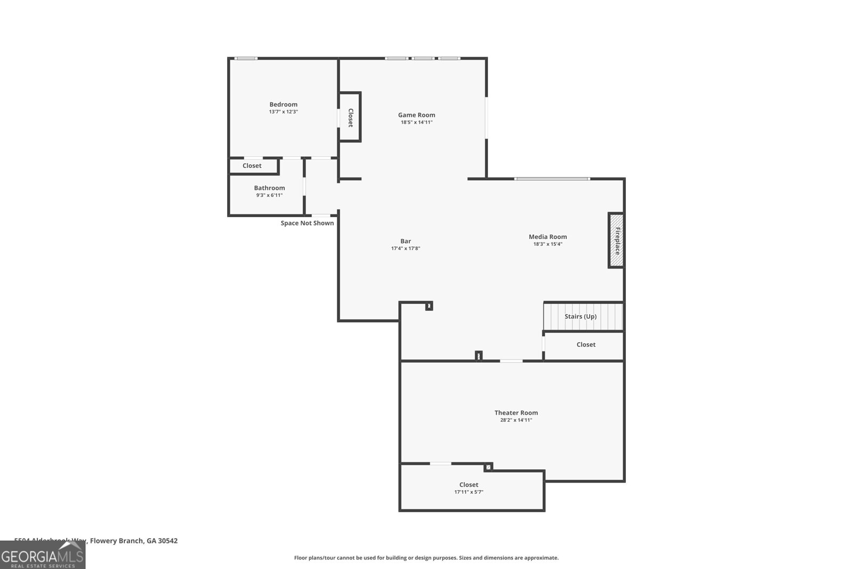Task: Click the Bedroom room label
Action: click(283, 105)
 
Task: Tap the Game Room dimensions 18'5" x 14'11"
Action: click(416, 122)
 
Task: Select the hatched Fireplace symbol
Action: click(616, 240)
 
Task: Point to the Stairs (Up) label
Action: click(580, 316)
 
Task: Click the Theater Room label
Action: click(516, 413)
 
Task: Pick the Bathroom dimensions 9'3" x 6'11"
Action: click(269, 195)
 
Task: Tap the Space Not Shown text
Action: click(307, 223)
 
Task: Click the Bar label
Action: click(406, 241)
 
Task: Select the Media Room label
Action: click(548, 237)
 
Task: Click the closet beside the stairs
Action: click(585, 344)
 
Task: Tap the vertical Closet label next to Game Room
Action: click(350, 117)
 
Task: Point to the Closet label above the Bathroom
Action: click(252, 166)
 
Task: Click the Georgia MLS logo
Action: click(43, 555)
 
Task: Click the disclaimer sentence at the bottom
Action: click(426, 558)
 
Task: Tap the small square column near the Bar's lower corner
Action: click(429, 306)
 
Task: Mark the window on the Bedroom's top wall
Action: click(246, 58)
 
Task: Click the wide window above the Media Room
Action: click(552, 179)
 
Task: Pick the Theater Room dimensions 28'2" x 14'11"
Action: click(516, 420)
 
